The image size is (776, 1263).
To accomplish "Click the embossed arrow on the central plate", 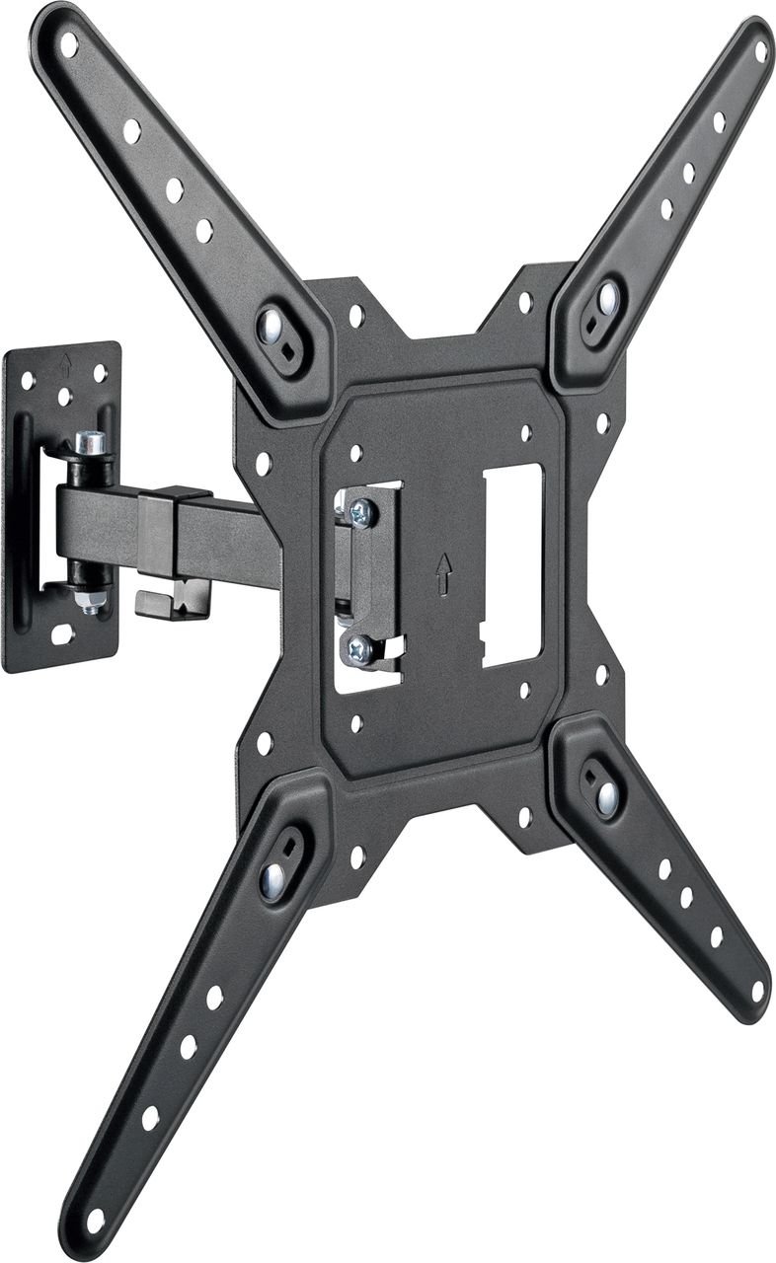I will coord(444,573).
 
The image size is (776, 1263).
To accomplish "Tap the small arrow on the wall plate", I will coord(66,362).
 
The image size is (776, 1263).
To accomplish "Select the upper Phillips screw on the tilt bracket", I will coord(361,512).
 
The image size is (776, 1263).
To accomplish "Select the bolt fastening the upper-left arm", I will coord(270,325).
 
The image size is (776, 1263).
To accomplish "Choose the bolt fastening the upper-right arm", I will coord(607,297).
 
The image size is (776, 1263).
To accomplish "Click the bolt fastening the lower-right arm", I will coord(606,797).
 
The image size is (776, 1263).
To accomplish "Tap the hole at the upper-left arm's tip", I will coord(69,44).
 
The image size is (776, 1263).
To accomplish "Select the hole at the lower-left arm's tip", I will coord(96,1220).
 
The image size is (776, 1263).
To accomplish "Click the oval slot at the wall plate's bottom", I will coord(61,636).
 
